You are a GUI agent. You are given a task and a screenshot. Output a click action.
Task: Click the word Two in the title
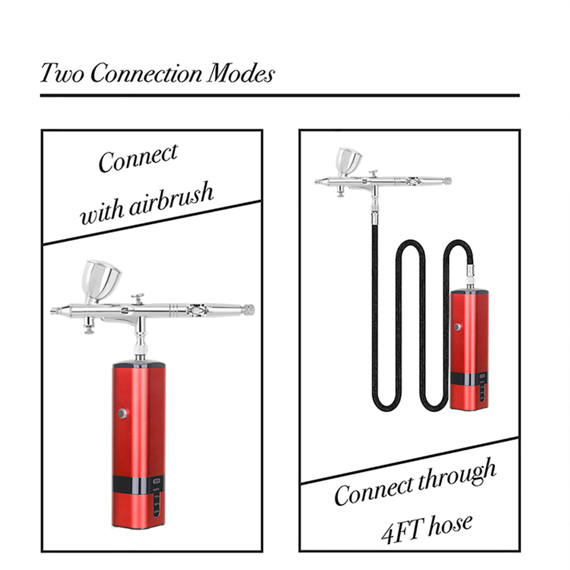coord(62,73)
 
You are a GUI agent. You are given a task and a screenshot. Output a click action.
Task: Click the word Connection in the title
coord(146,73)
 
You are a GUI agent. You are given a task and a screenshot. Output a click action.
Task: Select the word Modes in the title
coord(241,73)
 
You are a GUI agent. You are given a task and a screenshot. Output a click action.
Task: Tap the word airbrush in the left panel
coord(171,200)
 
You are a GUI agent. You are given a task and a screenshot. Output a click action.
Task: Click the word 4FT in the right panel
coord(402,530)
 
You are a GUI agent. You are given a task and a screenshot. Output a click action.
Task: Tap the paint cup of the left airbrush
coord(101,280)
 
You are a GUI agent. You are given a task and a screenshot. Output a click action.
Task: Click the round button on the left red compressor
coord(123,413)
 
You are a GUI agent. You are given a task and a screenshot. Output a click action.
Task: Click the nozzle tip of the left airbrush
coord(54,311)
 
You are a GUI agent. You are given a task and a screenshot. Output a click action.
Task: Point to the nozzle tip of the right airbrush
coord(316,181)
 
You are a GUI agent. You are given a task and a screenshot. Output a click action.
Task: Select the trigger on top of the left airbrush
coord(138,299)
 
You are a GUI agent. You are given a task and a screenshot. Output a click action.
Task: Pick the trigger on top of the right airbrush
coord(373,173)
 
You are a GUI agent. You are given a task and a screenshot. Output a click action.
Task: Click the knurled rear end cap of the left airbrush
coord(249,310)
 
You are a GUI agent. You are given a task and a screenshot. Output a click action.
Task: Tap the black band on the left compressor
coord(139,483)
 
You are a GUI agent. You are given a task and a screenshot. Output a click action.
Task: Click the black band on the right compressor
coord(469,378)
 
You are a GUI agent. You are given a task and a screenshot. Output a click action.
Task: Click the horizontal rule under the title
coord(280,96)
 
